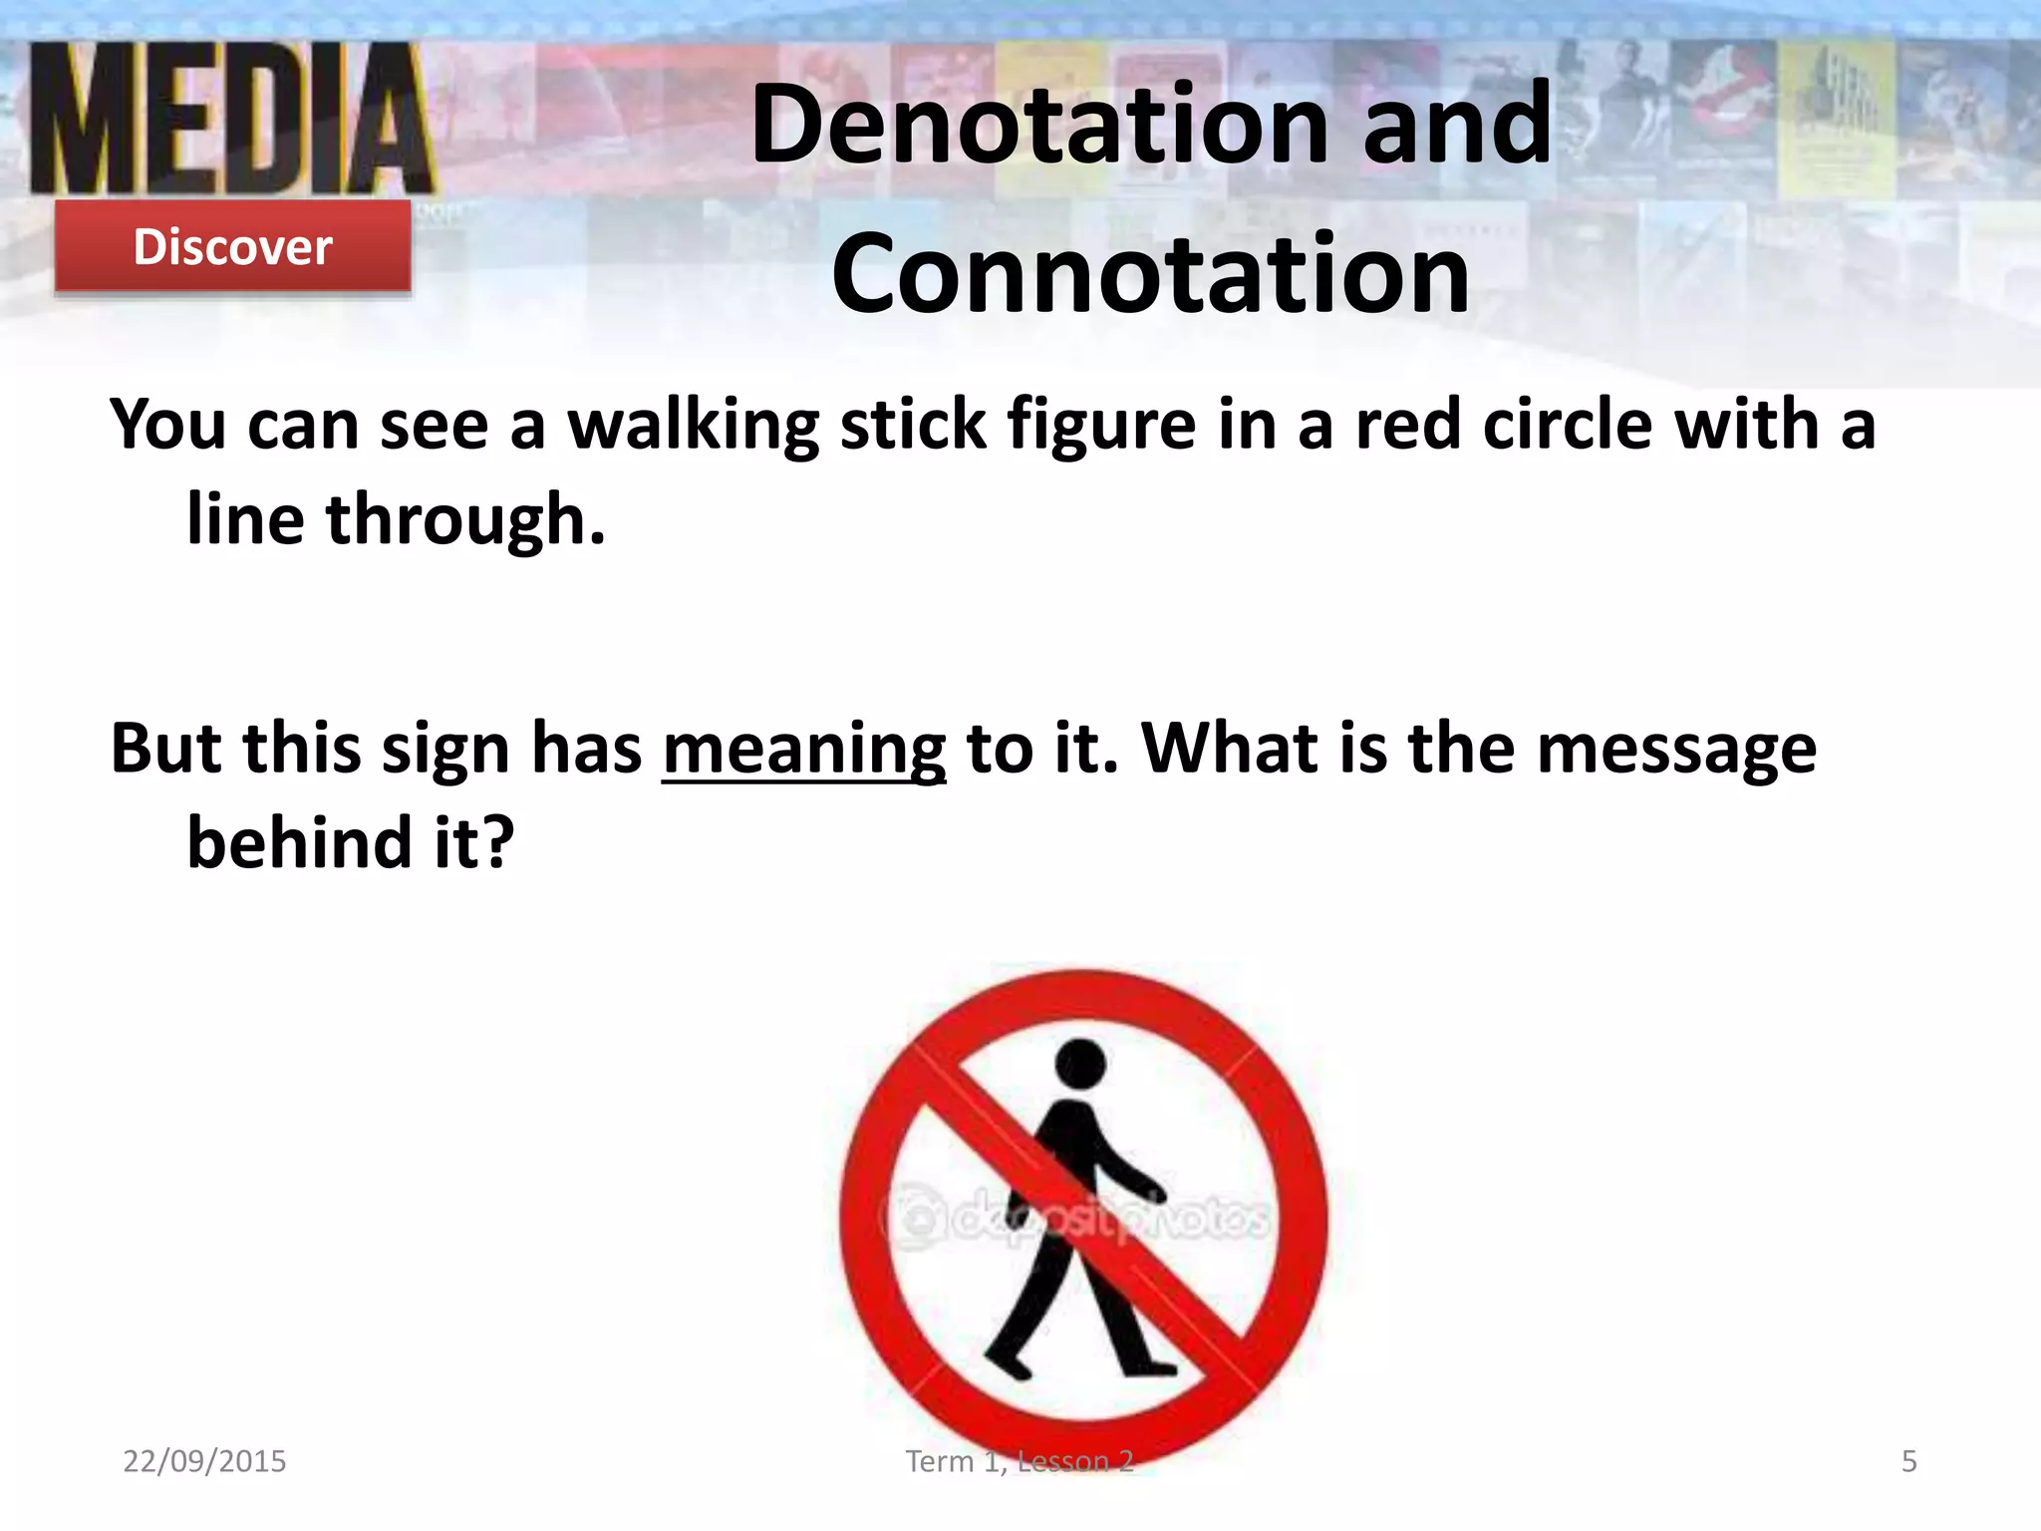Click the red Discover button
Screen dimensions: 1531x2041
click(232, 246)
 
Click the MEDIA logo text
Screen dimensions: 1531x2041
click(231, 120)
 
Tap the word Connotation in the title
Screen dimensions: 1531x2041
click(1150, 273)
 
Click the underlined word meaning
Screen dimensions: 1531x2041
click(803, 750)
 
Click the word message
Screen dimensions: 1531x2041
click(1676, 748)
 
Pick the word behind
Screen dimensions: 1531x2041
click(300, 842)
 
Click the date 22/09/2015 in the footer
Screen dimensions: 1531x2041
click(204, 1461)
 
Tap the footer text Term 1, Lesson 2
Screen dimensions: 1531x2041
click(1019, 1461)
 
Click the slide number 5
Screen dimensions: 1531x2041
click(1908, 1461)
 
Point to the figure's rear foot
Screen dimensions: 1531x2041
click(1007, 1362)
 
